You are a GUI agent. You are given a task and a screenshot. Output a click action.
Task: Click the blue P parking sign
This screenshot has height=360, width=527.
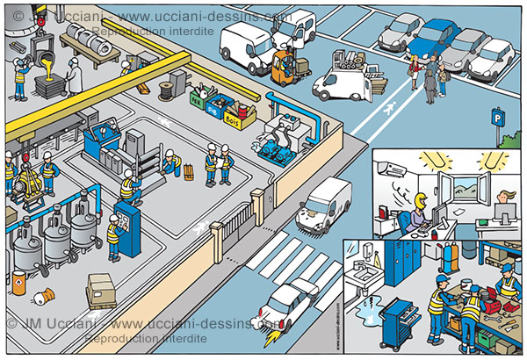(498, 114)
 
